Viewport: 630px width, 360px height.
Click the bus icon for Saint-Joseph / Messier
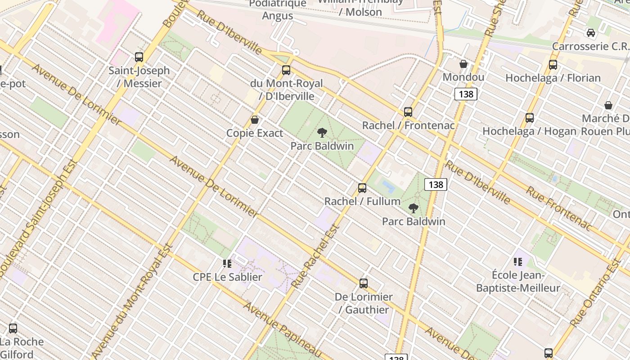[139, 57]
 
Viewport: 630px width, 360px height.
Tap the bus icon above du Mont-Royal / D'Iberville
[286, 70]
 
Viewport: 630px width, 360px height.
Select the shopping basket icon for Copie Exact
[255, 120]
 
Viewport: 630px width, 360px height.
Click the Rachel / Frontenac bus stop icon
[408, 112]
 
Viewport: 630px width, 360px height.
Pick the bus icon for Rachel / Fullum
[362, 188]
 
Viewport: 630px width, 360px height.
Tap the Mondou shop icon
[463, 64]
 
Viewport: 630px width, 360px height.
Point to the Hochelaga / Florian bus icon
[553, 65]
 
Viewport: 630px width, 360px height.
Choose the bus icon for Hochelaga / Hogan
[530, 118]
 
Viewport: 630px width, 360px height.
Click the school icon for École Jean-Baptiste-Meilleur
[518, 261]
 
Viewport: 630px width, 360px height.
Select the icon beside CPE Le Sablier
[227, 263]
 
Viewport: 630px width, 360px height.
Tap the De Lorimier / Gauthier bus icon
[364, 283]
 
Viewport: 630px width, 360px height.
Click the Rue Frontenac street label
[558, 209]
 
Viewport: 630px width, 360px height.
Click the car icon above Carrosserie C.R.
[591, 33]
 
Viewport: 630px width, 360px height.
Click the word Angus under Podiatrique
[278, 16]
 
